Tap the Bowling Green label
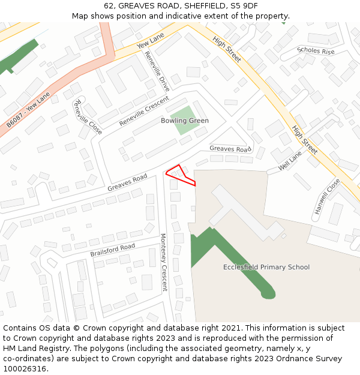pyautogui.click(x=185, y=121)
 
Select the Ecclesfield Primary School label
pyautogui.click(x=266, y=267)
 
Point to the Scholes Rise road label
pyautogui.click(x=316, y=51)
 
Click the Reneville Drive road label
pyautogui.click(x=157, y=71)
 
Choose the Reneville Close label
pyautogui.click(x=86, y=116)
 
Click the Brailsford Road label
pyautogui.click(x=113, y=250)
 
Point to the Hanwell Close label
pyautogui.click(x=327, y=196)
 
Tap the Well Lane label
pyautogui.click(x=290, y=161)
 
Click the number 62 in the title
pyautogui.click(x=109, y=5)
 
